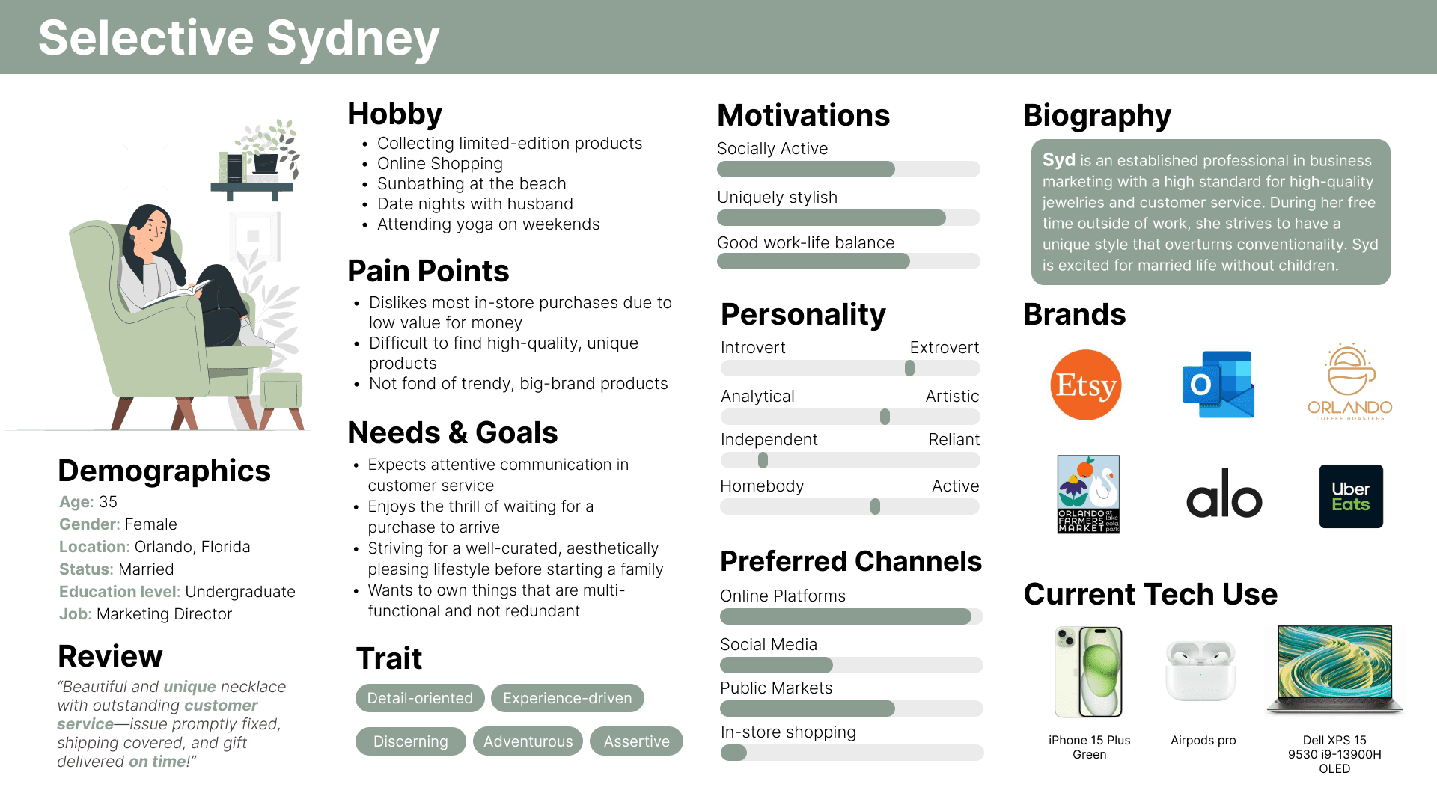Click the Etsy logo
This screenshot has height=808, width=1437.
pyautogui.click(x=1085, y=385)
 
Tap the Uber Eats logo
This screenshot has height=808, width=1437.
pyautogui.click(x=1351, y=496)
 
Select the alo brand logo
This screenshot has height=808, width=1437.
pyautogui.click(x=1224, y=494)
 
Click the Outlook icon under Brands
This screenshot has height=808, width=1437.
pyautogui.click(x=1218, y=385)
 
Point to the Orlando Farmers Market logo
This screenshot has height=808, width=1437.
pyautogui.click(x=1088, y=494)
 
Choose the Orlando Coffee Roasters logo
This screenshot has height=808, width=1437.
pyautogui.click(x=1349, y=382)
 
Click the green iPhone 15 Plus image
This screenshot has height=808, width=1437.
pyautogui.click(x=1089, y=672)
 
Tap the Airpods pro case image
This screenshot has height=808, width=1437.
pyautogui.click(x=1200, y=670)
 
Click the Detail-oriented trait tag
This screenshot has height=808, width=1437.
pyautogui.click(x=420, y=698)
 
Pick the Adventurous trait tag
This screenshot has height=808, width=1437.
pyautogui.click(x=528, y=741)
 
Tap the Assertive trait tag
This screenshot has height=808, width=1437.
pyautogui.click(x=636, y=741)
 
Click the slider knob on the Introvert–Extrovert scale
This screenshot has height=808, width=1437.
pyautogui.click(x=909, y=368)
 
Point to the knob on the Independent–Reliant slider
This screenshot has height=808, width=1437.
pyautogui.click(x=763, y=460)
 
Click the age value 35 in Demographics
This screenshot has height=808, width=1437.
pyautogui.click(x=109, y=502)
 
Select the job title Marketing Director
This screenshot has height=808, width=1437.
pyautogui.click(x=165, y=614)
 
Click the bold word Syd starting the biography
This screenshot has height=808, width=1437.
pyautogui.click(x=1058, y=160)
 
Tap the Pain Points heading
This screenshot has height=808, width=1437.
pyautogui.click(x=428, y=271)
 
